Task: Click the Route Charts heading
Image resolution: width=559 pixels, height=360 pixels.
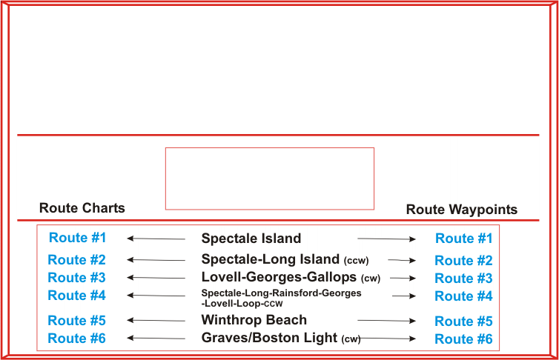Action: pos(82,208)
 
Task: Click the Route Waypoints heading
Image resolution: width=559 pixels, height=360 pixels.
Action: pos(461,210)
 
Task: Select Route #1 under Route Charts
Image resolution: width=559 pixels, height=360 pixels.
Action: pos(77,238)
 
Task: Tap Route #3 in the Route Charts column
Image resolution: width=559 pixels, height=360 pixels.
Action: pos(76,278)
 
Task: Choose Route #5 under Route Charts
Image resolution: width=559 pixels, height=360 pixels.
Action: pos(76,321)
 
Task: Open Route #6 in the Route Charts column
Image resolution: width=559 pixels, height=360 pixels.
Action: pos(76,339)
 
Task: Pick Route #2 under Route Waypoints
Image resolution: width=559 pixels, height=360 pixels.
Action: pos(463,260)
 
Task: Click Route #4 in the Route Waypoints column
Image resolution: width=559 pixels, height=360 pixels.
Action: pos(463,296)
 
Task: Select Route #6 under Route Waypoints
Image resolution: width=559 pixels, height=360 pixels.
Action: pos(463,339)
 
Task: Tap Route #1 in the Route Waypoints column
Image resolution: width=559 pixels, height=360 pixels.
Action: pos(463,239)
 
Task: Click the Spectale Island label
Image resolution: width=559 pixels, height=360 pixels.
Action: pos(251,239)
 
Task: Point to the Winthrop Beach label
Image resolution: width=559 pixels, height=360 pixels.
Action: pos(254,320)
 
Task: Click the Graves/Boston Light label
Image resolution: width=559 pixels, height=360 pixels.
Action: pos(270,339)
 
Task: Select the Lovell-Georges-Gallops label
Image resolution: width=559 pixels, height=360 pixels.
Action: pos(279,278)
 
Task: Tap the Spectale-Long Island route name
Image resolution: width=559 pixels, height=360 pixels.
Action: pos(271,259)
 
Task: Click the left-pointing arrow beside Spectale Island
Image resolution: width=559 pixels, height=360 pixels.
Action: pos(156,239)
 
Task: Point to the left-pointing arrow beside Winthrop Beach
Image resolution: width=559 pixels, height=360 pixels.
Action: pos(156,321)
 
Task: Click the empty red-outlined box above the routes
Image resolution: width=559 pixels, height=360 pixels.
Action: pos(269,179)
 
